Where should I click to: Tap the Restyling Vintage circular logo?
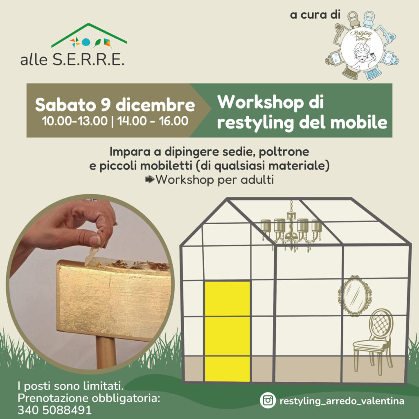click(x=362, y=45)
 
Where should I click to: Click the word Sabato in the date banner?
click(x=65, y=105)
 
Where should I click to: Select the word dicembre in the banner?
click(x=155, y=105)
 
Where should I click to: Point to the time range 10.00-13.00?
click(x=74, y=121)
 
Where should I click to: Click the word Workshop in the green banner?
click(x=260, y=102)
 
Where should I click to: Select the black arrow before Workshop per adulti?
click(x=150, y=179)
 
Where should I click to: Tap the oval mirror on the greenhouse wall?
click(x=355, y=295)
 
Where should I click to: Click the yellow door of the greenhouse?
click(x=228, y=331)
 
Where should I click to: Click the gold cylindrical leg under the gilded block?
click(x=106, y=352)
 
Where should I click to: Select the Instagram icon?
click(x=268, y=400)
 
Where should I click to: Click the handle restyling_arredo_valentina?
click(x=342, y=401)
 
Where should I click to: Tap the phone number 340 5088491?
click(x=54, y=410)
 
